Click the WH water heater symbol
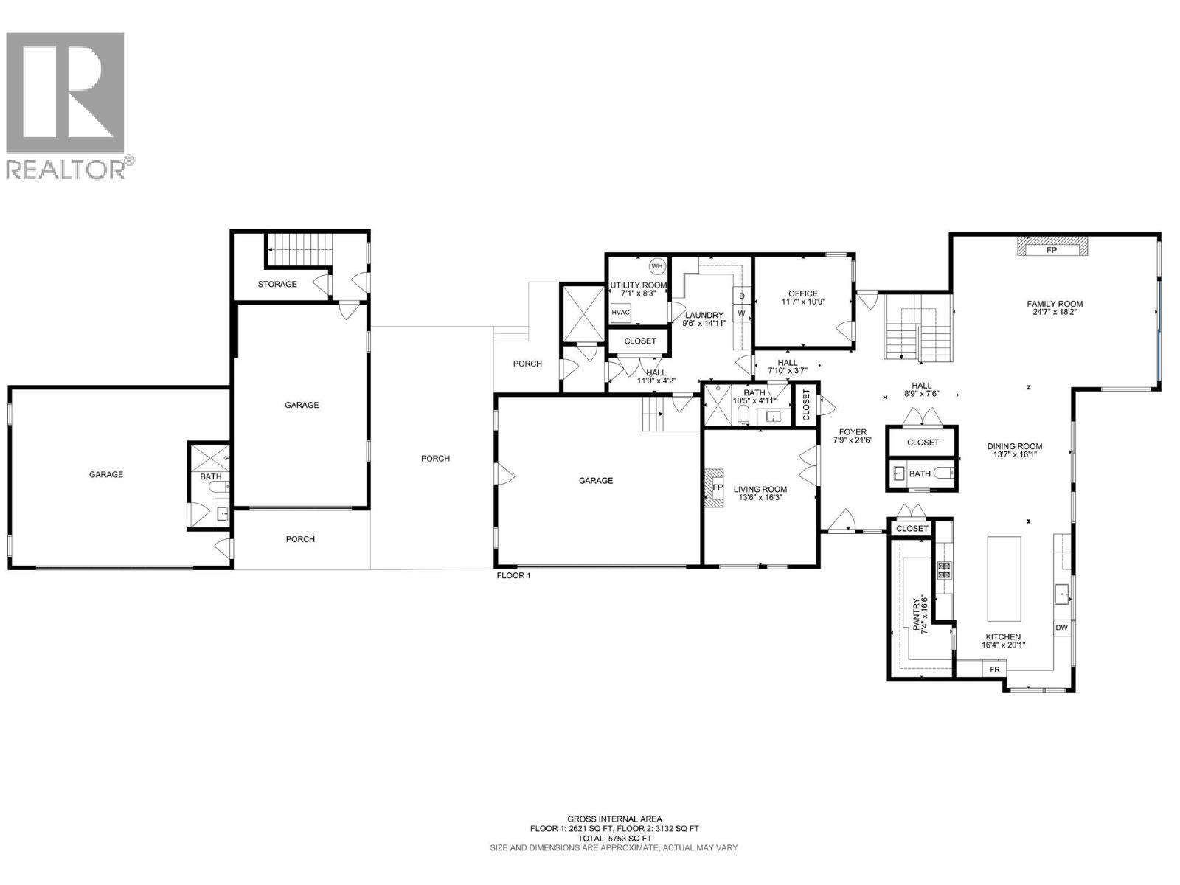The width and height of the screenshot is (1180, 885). [657, 266]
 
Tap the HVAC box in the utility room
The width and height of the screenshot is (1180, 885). [621, 313]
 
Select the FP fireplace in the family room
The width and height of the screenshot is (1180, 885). [1052, 250]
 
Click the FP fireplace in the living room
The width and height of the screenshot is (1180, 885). [717, 487]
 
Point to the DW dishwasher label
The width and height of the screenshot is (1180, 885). [1061, 628]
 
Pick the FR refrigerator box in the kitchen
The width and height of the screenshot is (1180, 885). [994, 670]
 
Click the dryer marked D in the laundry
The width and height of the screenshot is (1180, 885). [742, 296]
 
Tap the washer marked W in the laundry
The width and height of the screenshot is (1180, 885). [742, 313]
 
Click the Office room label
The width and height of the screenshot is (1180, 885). [803, 294]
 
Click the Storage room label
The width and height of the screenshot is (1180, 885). [277, 284]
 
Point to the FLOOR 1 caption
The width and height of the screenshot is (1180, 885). [513, 575]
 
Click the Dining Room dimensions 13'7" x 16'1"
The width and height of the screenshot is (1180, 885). [1015, 455]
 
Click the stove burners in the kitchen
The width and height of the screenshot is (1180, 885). [944, 569]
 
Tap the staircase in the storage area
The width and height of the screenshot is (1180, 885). [299, 249]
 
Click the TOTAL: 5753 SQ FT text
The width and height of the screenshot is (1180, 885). [614, 839]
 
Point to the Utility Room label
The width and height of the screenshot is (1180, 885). [638, 285]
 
